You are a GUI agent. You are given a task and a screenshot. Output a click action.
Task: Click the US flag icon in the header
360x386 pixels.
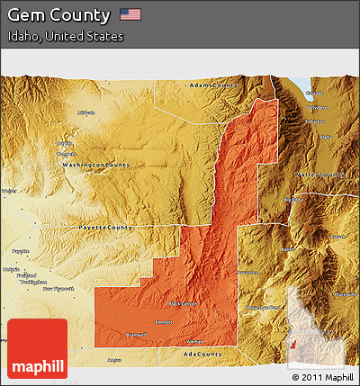(130, 14)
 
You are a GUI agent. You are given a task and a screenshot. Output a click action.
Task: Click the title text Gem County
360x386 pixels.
(59, 15)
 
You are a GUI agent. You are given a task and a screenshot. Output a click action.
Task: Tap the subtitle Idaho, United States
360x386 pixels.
(66, 37)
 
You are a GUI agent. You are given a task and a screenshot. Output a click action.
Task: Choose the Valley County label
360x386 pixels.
(320, 175)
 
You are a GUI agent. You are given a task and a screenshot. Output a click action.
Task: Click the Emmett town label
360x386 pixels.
(163, 321)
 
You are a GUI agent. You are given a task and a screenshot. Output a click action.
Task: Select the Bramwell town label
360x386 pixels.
(137, 334)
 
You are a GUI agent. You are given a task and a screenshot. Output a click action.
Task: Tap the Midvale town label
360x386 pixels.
(87, 112)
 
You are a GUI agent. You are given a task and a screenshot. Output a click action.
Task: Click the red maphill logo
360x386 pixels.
(37, 348)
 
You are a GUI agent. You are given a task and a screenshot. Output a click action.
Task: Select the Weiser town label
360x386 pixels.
(9, 191)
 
